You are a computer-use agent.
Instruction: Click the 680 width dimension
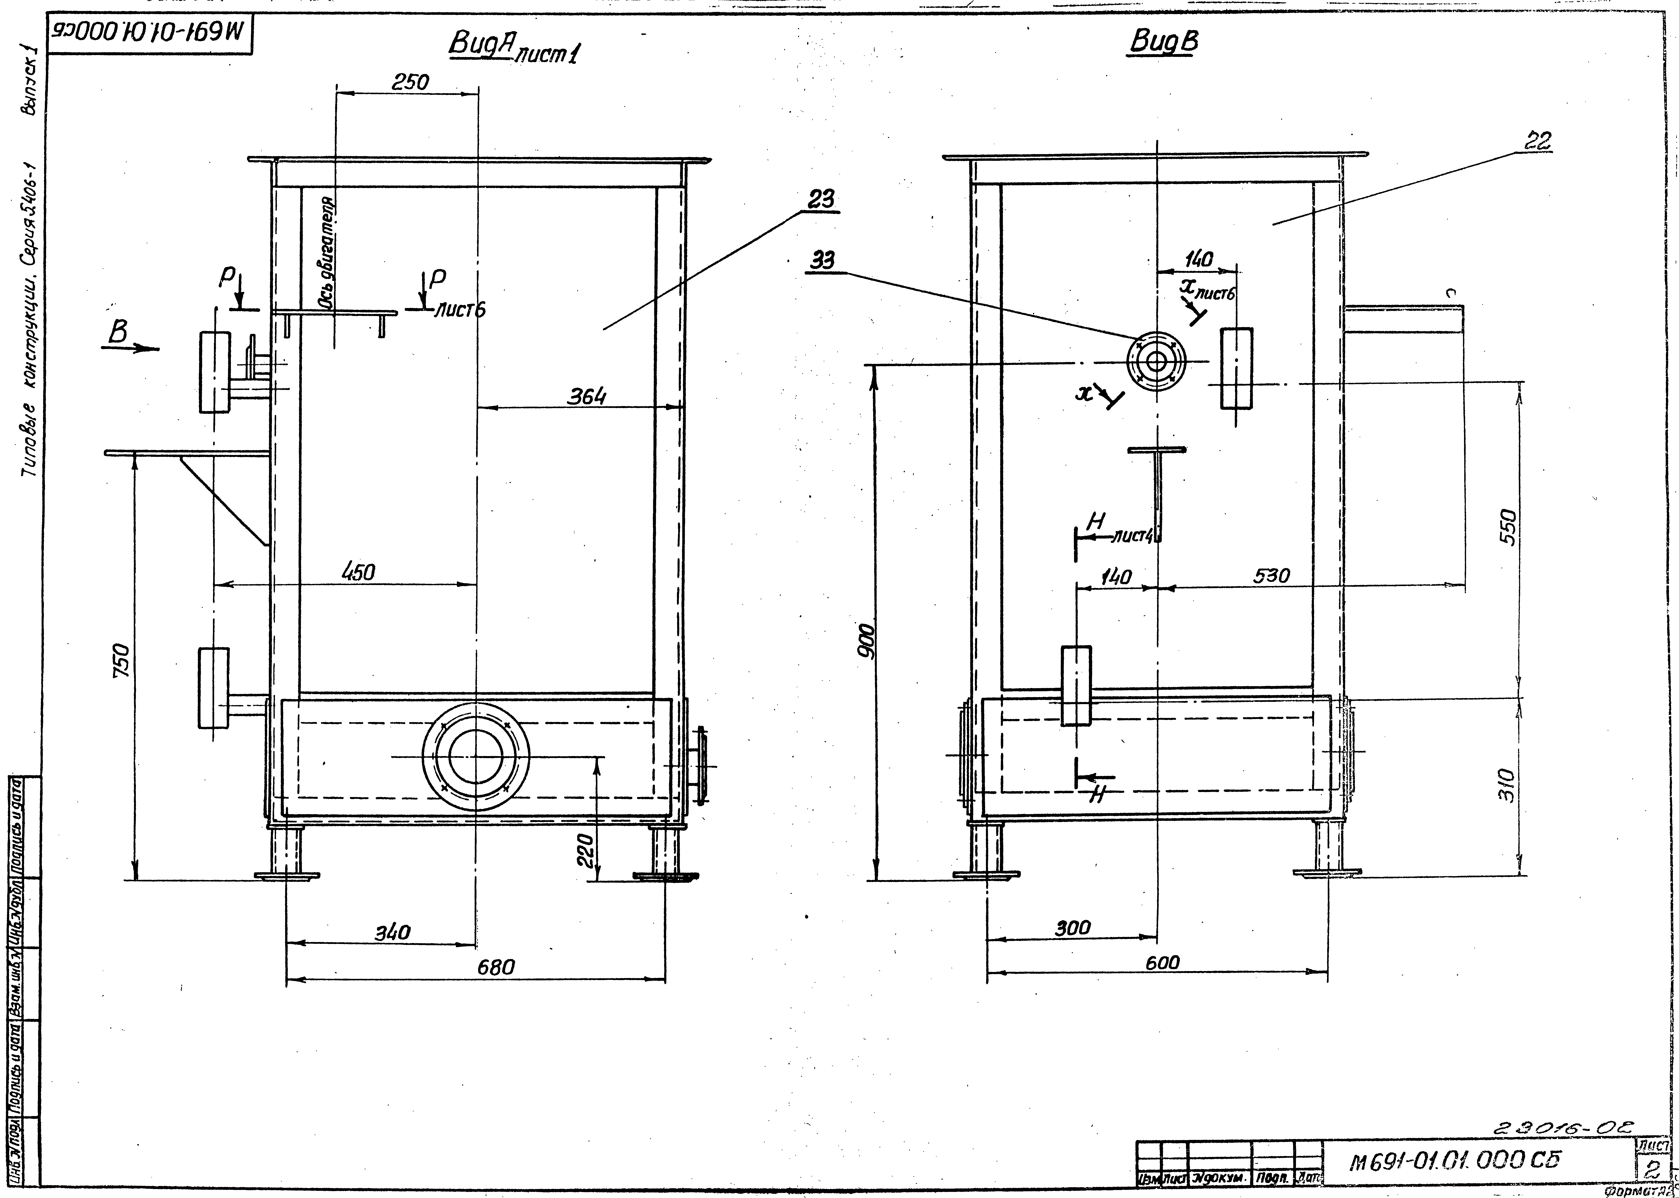pyautogui.click(x=495, y=966)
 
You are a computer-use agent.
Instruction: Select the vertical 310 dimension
pyautogui.click(x=1506, y=786)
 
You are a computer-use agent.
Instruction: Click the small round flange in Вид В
pyautogui.click(x=1156, y=362)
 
